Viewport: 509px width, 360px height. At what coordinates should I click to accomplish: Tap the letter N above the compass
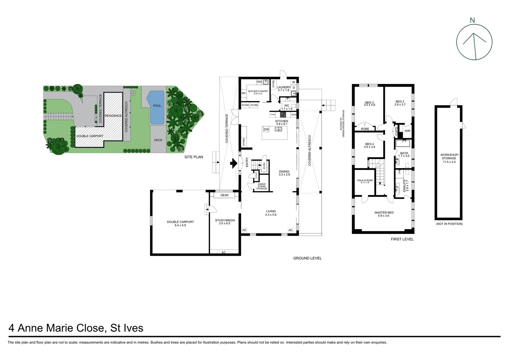pyautogui.click(x=472, y=20)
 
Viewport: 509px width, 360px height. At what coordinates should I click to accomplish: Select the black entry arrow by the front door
pyautogui.click(x=234, y=163)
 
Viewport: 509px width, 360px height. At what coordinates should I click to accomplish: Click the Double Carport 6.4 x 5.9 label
pyautogui.click(x=180, y=224)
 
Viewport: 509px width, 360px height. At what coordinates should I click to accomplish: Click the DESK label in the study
pyautogui.click(x=225, y=195)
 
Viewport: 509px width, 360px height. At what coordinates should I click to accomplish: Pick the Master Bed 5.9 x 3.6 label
pyautogui.click(x=384, y=214)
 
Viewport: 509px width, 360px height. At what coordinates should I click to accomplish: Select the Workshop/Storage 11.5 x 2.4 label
pyautogui.click(x=449, y=158)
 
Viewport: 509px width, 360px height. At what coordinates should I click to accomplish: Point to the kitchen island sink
pyautogui.click(x=278, y=129)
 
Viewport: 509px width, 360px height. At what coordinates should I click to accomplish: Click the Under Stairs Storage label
pyautogui.click(x=261, y=186)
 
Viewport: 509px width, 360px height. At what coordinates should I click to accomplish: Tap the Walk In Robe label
pyautogui.click(x=365, y=181)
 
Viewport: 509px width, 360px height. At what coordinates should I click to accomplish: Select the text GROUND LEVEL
pyautogui.click(x=307, y=258)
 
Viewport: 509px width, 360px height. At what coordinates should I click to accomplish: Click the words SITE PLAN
pyautogui.click(x=194, y=157)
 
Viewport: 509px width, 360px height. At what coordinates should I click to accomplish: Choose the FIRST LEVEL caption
pyautogui.click(x=402, y=239)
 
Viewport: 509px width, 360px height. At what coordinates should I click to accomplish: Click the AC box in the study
pyautogui.click(x=224, y=252)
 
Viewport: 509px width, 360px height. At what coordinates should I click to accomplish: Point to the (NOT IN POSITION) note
pyautogui.click(x=449, y=224)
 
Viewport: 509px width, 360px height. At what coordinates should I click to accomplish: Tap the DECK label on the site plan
pyautogui.click(x=158, y=140)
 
